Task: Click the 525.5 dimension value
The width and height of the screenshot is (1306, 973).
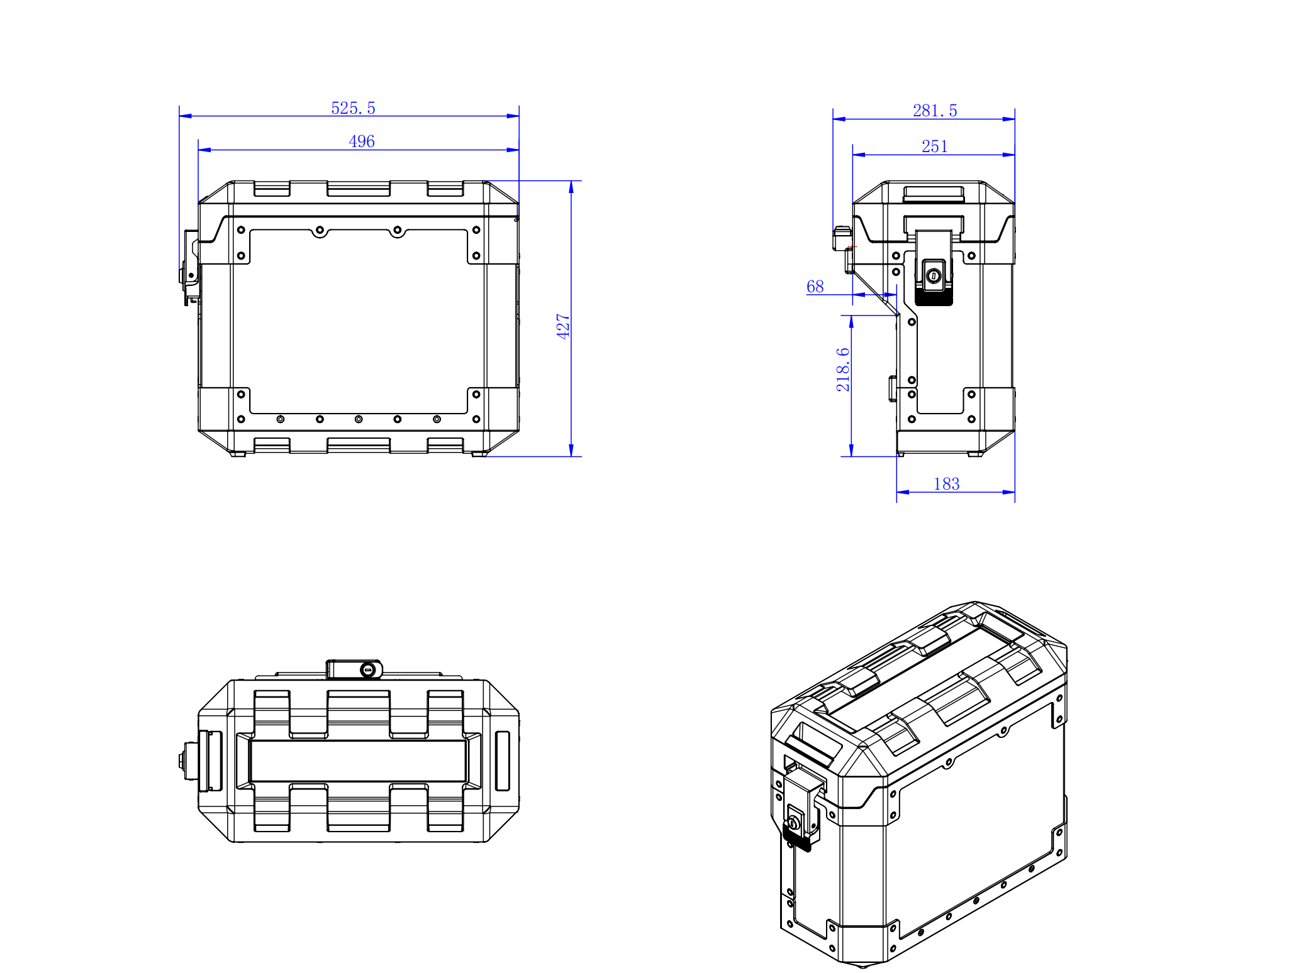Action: pos(353,108)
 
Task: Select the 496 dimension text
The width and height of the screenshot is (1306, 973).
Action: pos(361,141)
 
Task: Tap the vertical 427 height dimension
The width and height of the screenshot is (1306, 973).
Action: pos(562,326)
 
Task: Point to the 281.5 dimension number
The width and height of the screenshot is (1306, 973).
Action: pos(935,111)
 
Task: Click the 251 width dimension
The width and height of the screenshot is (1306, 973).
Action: pos(934,146)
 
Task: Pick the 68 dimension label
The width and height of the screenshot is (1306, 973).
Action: pos(815,287)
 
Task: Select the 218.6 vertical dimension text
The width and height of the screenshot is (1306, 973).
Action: pos(842,370)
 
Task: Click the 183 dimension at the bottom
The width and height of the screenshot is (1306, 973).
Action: pos(946,484)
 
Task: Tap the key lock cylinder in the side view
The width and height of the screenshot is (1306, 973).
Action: pos(934,275)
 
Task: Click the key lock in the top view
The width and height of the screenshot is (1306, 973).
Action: pos(368,670)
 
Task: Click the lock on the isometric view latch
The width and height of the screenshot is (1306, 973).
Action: pos(793,823)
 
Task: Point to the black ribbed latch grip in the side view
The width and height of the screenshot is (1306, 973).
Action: pos(934,297)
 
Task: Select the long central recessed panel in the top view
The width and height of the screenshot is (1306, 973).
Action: pos(358,761)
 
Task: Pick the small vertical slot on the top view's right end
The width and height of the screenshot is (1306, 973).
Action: pos(502,761)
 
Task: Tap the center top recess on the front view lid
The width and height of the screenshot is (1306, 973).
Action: pos(358,189)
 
